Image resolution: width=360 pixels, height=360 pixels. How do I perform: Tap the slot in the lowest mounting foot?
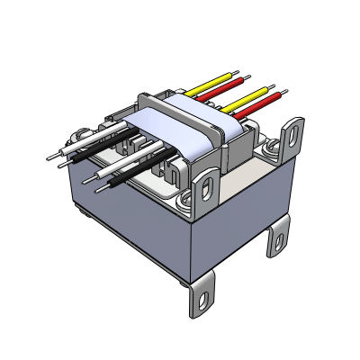coord(205,298)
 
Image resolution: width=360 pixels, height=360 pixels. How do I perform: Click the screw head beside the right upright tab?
coord(268,144)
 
